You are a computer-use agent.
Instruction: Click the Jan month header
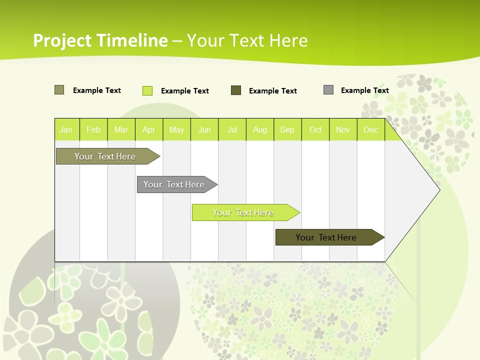click(x=66, y=129)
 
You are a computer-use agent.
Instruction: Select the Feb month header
click(x=93, y=129)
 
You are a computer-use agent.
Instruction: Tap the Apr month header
click(x=149, y=129)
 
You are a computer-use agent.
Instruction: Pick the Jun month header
click(x=204, y=129)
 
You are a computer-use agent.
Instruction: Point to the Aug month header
click(x=260, y=129)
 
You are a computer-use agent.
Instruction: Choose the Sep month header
click(x=287, y=129)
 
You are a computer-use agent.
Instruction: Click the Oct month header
click(x=315, y=129)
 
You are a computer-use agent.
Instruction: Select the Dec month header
click(x=371, y=129)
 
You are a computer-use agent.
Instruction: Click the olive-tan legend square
click(x=59, y=90)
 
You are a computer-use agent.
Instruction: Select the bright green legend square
click(x=147, y=90)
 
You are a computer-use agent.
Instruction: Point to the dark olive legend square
click(x=236, y=90)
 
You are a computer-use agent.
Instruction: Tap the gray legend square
click(x=328, y=90)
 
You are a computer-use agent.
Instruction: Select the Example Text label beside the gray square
click(x=364, y=90)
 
